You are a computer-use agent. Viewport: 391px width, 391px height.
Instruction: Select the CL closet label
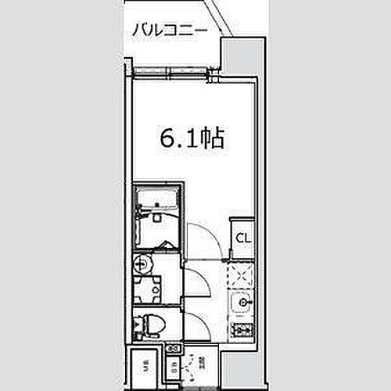[x=242, y=237]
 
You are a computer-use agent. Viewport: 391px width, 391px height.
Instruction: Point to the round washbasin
[x=142, y=263]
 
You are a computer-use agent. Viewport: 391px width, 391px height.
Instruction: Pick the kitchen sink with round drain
[x=242, y=302]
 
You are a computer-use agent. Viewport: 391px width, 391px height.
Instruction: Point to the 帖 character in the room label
[x=213, y=138]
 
